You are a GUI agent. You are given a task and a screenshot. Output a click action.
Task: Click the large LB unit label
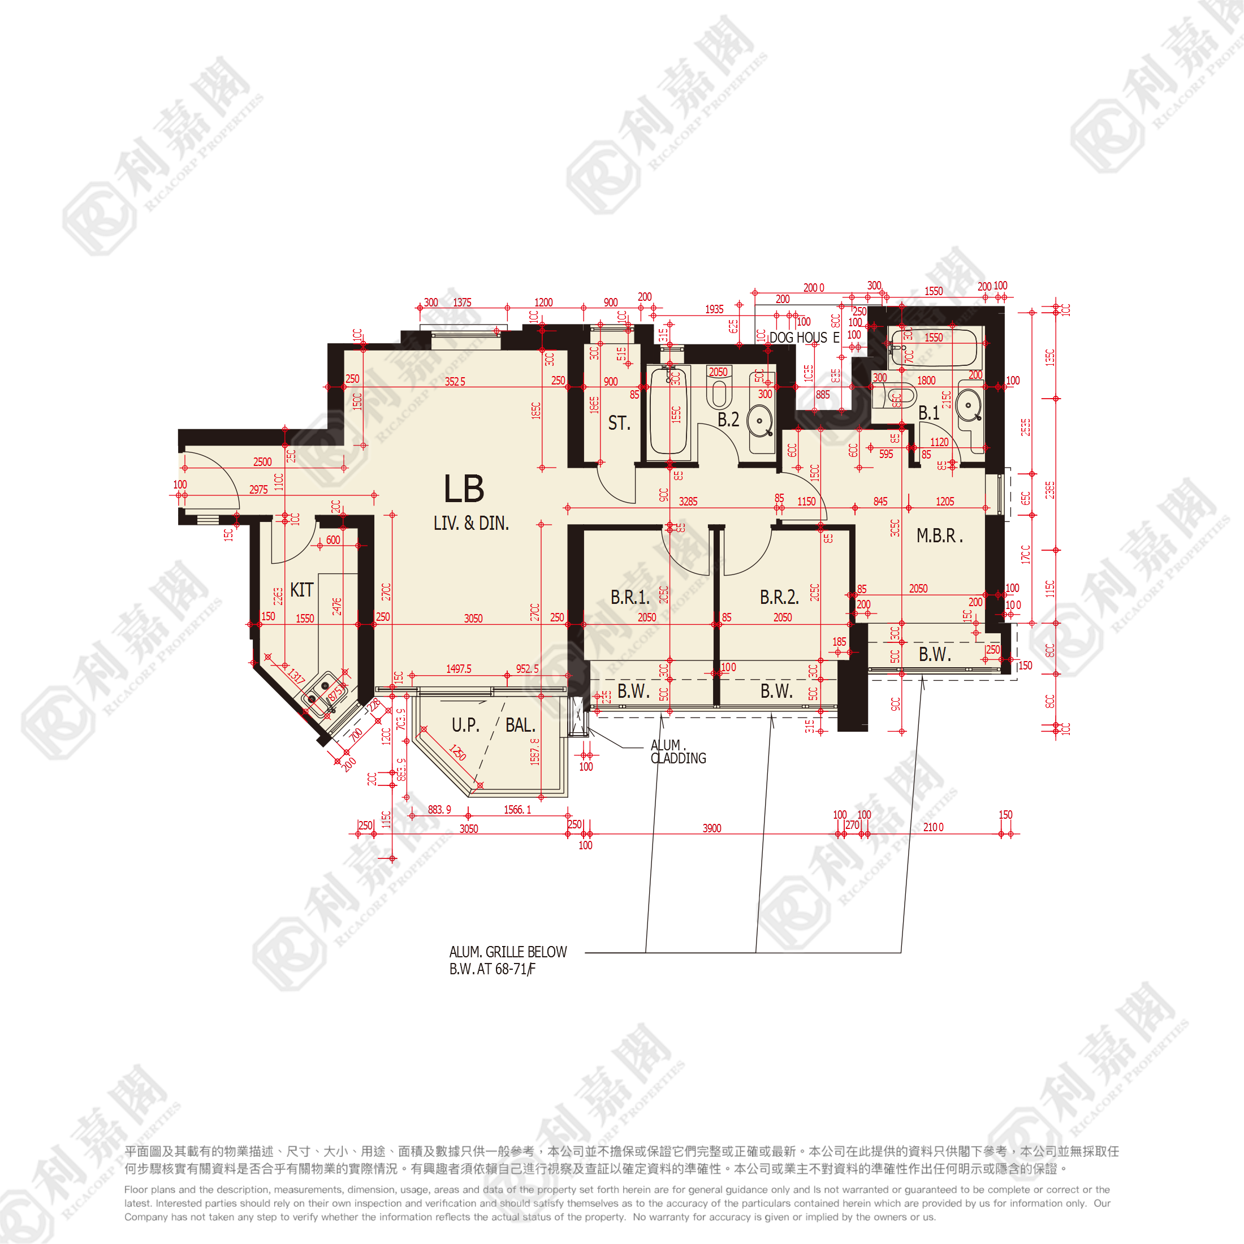[x=464, y=489]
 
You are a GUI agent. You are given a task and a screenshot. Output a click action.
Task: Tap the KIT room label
[x=301, y=590]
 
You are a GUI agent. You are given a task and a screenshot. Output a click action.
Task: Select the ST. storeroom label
[x=619, y=423]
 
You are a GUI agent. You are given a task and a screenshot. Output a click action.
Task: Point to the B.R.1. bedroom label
[x=630, y=597]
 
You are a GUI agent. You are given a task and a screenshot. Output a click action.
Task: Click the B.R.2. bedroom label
[x=779, y=597]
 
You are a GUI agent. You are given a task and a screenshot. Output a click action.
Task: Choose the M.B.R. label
[x=939, y=535]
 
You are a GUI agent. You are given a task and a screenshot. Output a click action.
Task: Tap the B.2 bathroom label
[x=728, y=420]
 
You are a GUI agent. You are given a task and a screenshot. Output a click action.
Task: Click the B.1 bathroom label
[x=928, y=413]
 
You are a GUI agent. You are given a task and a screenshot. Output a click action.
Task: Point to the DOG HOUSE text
[x=804, y=338]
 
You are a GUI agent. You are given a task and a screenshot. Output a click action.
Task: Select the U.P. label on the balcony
[x=465, y=725]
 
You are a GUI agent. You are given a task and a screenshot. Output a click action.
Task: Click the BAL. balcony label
[x=520, y=725]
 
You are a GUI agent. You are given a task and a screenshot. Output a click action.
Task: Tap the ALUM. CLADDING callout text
[x=678, y=752]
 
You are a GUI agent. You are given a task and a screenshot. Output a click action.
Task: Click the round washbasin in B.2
[x=760, y=422]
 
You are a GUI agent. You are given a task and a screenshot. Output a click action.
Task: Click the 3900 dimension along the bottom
[x=711, y=828]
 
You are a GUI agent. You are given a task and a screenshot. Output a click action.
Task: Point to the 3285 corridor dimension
[x=688, y=502]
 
